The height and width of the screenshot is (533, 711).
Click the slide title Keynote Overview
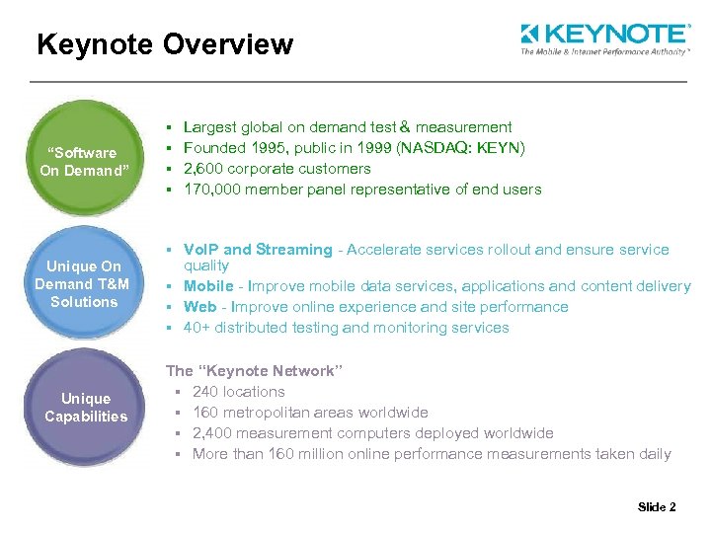click(x=164, y=44)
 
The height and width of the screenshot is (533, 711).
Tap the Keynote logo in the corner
click(x=604, y=39)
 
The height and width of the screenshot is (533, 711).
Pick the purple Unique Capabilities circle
click(x=86, y=407)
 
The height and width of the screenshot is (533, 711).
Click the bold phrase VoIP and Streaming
click(x=258, y=250)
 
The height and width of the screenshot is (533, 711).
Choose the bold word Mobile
click(x=208, y=286)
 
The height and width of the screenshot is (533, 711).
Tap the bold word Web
click(x=199, y=307)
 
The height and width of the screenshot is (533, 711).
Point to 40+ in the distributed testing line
click(x=196, y=328)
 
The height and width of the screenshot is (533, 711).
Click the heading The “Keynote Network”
click(x=254, y=371)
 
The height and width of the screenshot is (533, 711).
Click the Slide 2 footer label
click(x=657, y=507)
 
